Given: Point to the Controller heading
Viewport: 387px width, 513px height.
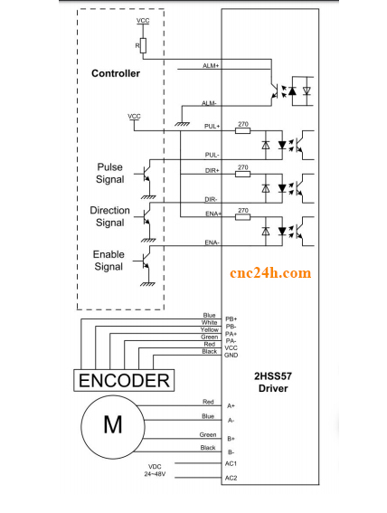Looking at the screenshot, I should pyautogui.click(x=116, y=73).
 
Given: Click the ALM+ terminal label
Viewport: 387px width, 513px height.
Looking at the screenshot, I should pyautogui.click(x=210, y=65).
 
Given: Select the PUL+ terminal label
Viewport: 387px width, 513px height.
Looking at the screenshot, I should pyautogui.click(x=212, y=127).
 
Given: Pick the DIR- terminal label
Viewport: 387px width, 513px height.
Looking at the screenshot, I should pyautogui.click(x=211, y=199).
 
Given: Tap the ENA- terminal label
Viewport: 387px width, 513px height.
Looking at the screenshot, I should pyautogui.click(x=212, y=242).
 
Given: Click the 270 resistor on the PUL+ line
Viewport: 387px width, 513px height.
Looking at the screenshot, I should pyautogui.click(x=242, y=130).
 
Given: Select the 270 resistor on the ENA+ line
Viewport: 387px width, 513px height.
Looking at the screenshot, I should pyautogui.click(x=242, y=218).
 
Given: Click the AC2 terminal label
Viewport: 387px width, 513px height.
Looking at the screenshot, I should pyautogui.click(x=231, y=479).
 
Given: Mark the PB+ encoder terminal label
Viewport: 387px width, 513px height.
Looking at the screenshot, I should pyautogui.click(x=231, y=318).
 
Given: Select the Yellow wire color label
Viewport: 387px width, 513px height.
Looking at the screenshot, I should pyautogui.click(x=209, y=329).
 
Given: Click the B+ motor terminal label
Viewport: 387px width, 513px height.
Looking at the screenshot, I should pyautogui.click(x=231, y=440).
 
